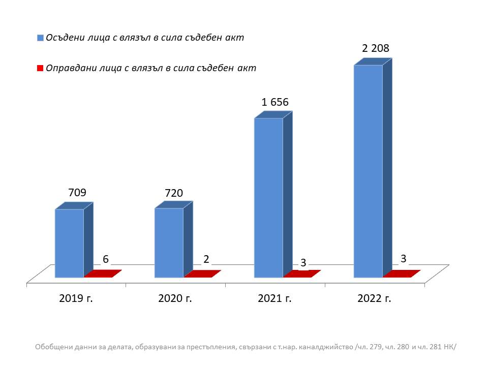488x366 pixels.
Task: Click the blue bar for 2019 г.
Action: tap(69, 243)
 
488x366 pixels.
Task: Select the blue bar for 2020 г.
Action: tap(169, 242)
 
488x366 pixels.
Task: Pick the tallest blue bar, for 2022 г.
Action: tap(368, 171)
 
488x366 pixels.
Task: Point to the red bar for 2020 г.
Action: tap(202, 273)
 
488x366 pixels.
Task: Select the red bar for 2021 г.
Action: tap(302, 273)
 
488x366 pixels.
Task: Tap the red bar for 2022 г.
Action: tap(402, 273)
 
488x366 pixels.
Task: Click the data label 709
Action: tap(77, 193)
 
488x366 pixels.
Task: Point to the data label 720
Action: tap(173, 193)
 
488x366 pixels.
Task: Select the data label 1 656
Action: tap(275, 102)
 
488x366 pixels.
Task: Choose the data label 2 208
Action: tap(375, 49)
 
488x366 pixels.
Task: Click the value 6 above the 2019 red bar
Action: tap(106, 259)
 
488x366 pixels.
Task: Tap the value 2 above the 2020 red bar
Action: tap(206, 259)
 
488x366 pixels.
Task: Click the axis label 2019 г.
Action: tap(76, 298)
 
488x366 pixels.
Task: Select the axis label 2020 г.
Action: tap(175, 298)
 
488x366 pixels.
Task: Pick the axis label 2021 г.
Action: tap(275, 298)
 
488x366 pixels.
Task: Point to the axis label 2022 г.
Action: tap(375, 298)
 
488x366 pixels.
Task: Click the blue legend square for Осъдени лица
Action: tap(40, 38)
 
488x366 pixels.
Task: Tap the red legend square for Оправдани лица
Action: tap(40, 68)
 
